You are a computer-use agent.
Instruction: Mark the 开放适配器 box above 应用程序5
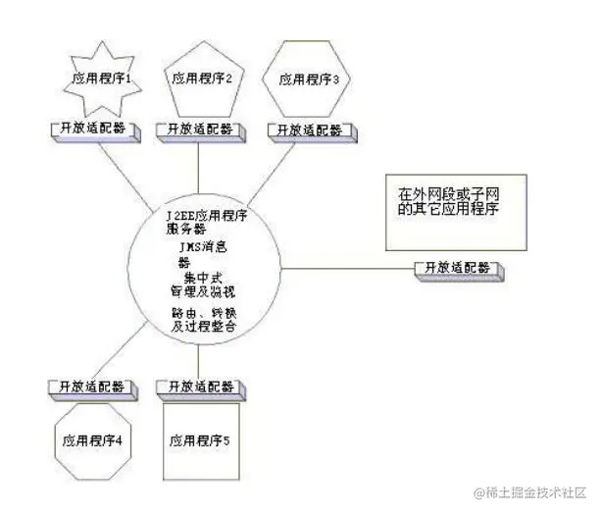(x=200, y=386)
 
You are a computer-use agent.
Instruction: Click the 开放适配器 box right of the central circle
(x=457, y=268)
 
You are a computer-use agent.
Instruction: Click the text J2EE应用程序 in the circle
(x=206, y=214)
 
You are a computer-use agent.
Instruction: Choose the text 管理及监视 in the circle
(x=202, y=291)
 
